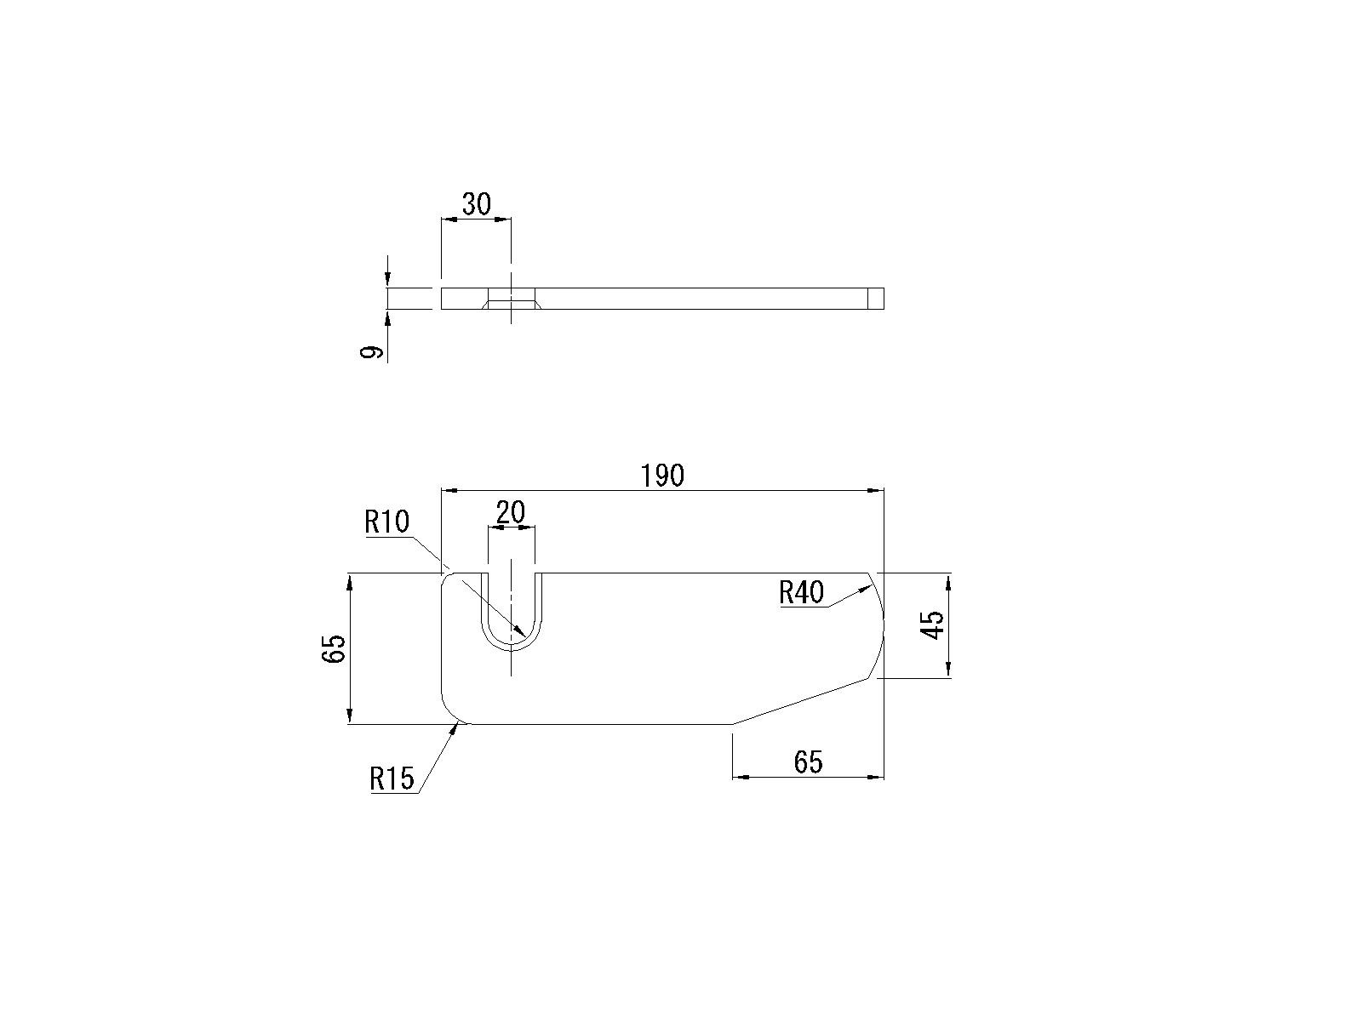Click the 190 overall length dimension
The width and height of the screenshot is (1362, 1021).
662,476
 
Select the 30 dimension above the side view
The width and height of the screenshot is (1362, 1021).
477,204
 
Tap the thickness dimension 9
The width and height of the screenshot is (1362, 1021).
371,352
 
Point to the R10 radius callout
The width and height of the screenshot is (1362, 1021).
387,522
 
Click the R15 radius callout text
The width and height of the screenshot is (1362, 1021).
392,779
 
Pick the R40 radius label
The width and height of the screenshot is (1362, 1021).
802,593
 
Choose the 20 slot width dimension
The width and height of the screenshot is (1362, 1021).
511,512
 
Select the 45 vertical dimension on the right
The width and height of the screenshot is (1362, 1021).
933,625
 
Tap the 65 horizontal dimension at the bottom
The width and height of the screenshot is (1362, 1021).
808,762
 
